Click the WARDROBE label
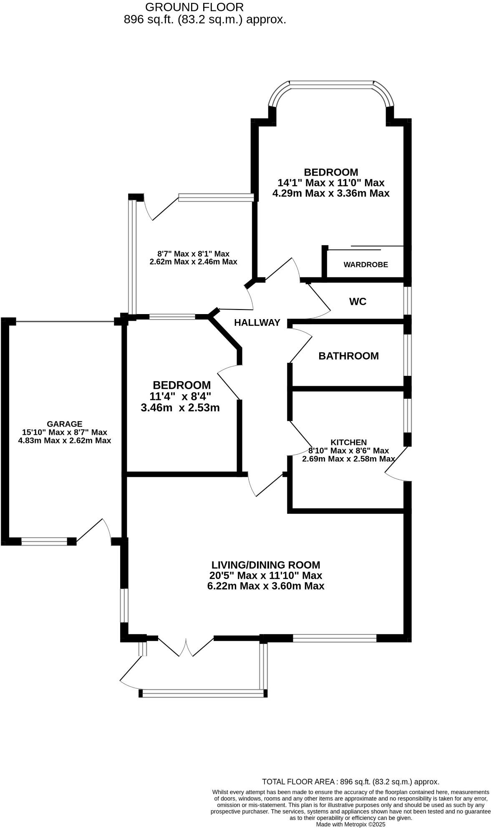coord(365,264)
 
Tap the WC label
coord(358,301)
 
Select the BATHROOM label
coord(348,356)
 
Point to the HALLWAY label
coord(257,322)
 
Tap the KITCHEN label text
coord(348,442)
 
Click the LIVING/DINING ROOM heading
coord(266,565)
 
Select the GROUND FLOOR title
coord(194,7)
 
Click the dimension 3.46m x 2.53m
coord(180,408)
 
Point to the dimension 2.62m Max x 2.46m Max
coord(193,262)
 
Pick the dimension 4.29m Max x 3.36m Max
coord(331,193)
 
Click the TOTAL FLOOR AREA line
coord(350,782)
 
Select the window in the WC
coord(408,300)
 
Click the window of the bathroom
coord(408,355)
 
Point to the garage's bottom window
coord(44,541)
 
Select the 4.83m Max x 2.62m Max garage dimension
coord(64,440)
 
